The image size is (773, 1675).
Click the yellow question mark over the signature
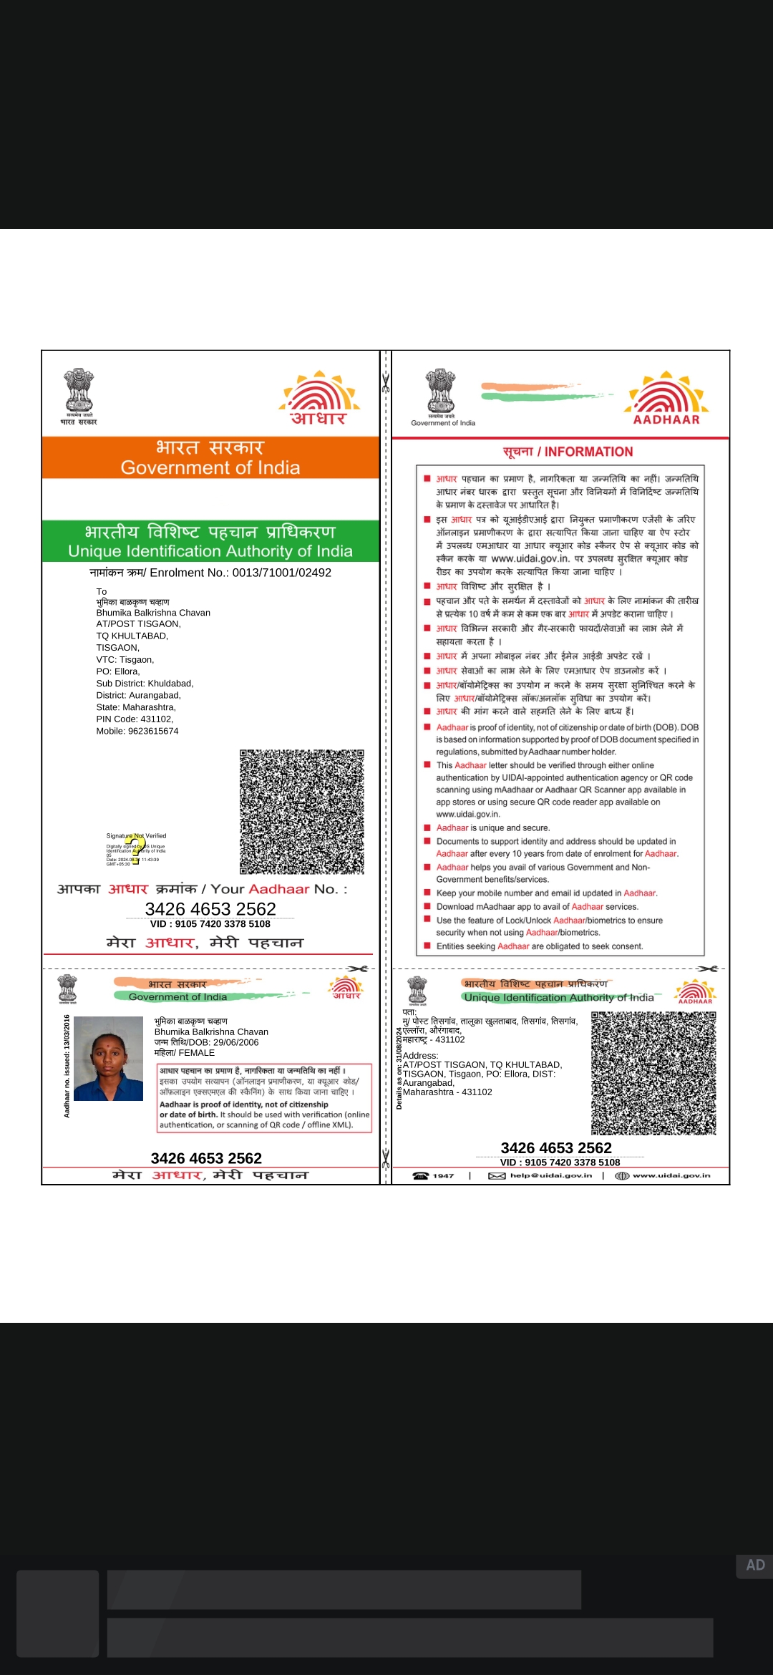(135, 848)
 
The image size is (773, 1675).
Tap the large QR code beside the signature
(301, 812)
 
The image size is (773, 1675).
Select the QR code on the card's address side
(653, 1073)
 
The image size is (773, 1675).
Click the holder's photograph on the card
(108, 1058)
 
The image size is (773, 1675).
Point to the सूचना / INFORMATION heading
(568, 452)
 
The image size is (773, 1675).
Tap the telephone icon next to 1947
(421, 1175)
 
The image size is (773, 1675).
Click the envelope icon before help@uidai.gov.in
(497, 1175)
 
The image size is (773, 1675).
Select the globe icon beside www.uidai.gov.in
(622, 1175)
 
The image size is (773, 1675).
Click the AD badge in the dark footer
(754, 1565)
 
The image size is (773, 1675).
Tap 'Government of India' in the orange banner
(210, 467)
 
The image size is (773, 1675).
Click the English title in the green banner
(210, 551)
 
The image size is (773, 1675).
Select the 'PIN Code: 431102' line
(135, 719)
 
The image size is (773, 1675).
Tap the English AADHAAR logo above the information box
(666, 419)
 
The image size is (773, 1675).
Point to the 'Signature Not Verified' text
(136, 835)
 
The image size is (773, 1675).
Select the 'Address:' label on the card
(420, 1056)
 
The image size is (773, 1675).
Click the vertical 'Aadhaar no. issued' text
(67, 1066)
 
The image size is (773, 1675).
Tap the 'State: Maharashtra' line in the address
(136, 707)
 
